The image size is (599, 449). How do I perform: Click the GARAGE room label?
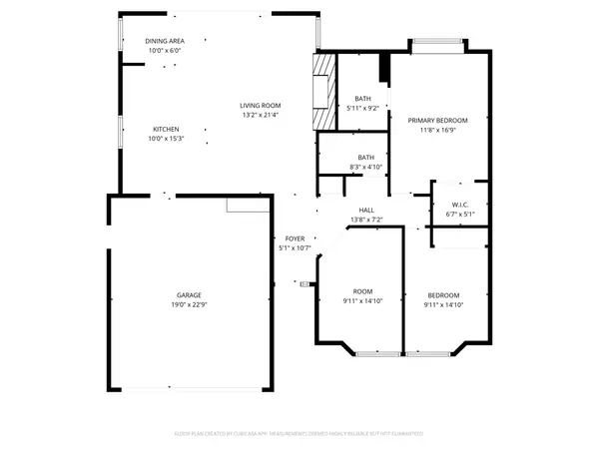tap(190, 294)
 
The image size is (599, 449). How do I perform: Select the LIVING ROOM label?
tap(260, 106)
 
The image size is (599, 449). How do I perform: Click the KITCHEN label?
tap(166, 129)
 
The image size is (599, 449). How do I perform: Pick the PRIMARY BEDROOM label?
tap(438, 120)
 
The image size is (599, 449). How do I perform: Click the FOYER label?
tap(295, 238)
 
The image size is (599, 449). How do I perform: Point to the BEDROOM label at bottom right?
tap(443, 294)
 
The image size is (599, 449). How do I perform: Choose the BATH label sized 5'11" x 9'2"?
tap(364, 98)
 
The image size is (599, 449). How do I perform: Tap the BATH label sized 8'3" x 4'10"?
tap(366, 157)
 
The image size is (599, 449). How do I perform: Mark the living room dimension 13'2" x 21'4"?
tap(260, 115)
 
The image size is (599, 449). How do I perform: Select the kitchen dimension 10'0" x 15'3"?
tap(166, 138)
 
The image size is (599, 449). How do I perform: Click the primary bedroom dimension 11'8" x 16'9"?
tap(438, 129)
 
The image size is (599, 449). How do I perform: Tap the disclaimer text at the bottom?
tap(299, 434)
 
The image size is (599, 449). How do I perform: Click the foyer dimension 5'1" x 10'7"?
tap(295, 247)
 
